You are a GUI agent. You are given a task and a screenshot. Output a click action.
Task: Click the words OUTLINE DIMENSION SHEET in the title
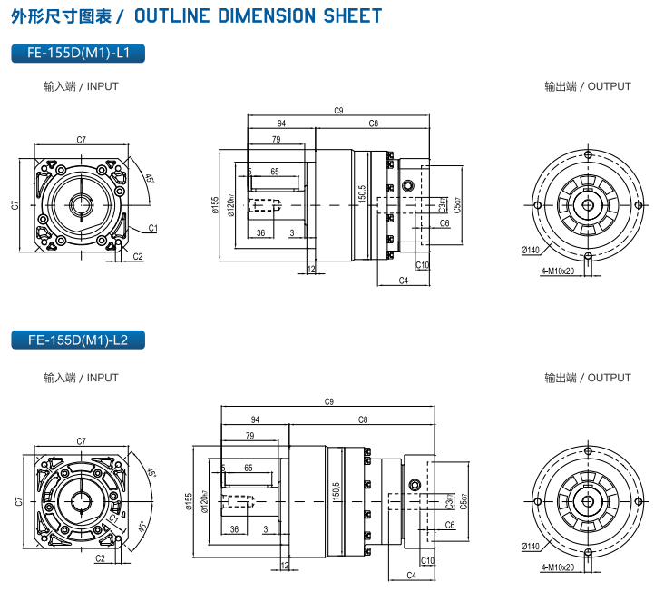tap(258, 16)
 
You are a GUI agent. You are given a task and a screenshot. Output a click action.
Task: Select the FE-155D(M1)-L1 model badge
tap(78, 54)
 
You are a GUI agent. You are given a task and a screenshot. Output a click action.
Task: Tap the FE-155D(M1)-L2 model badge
tap(78, 340)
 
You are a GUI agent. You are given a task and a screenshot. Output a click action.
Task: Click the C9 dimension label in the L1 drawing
tap(338, 111)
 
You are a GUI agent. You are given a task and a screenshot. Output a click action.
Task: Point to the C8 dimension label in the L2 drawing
tap(362, 419)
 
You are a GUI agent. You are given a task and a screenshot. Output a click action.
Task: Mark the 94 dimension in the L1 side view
tap(281, 123)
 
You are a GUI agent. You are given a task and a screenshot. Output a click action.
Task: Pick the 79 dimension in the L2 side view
tap(249, 436)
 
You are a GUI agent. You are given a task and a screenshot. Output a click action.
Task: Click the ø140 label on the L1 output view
tap(531, 250)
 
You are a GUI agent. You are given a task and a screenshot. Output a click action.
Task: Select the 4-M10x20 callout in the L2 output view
tap(558, 567)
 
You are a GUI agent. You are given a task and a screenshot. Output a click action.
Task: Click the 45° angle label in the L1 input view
tap(149, 178)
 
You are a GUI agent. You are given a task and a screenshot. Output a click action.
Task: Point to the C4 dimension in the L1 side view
tap(404, 281)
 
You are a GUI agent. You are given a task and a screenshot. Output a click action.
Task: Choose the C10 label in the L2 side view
tap(428, 560)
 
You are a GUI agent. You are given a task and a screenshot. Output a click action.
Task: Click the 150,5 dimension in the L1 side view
tap(361, 194)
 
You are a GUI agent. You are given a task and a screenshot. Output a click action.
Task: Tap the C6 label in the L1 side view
tap(444, 222)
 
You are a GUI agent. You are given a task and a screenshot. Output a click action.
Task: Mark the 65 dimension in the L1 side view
tap(275, 171)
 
